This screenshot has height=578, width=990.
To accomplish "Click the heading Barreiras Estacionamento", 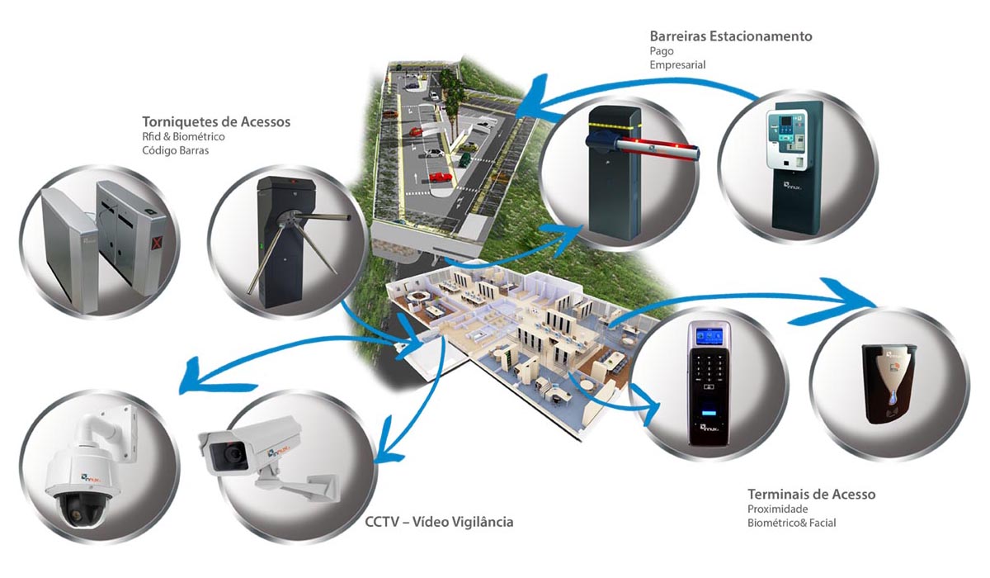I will click(x=730, y=36).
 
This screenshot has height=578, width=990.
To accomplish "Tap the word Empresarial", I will click(x=677, y=64).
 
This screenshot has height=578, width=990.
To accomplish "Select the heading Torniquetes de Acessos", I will click(x=216, y=121).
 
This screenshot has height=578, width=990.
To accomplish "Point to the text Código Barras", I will click(x=175, y=150).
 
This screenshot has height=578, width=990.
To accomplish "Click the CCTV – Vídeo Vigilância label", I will click(x=439, y=522).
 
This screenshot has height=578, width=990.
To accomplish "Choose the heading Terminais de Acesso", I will click(x=811, y=494).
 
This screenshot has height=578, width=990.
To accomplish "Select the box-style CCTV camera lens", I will click(x=225, y=452).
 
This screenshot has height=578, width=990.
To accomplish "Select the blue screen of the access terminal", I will click(x=707, y=334).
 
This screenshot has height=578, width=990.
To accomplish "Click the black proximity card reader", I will click(x=889, y=383).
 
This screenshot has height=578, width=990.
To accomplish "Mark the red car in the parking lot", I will click(x=441, y=177).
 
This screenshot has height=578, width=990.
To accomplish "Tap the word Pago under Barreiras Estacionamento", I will click(x=662, y=50).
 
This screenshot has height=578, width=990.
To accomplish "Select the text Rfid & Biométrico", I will click(x=183, y=136).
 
